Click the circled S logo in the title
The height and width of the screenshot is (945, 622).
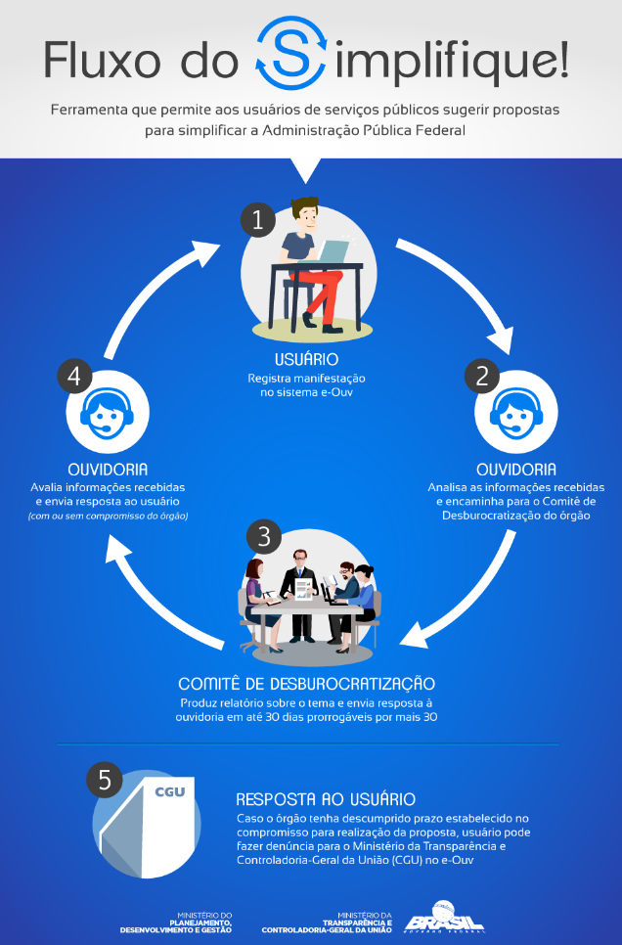pyautogui.click(x=291, y=53)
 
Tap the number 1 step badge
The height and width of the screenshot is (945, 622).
pyautogui.click(x=258, y=220)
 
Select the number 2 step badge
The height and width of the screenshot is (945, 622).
pyautogui.click(x=481, y=377)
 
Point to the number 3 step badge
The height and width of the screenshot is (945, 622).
pyautogui.click(x=264, y=536)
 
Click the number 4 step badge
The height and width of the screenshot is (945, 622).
pyautogui.click(x=74, y=377)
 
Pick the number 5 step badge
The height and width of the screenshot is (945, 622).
pyautogui.click(x=105, y=780)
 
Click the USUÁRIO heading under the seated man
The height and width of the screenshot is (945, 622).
pyautogui.click(x=306, y=359)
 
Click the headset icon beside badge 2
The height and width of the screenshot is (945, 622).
pyautogui.click(x=515, y=413)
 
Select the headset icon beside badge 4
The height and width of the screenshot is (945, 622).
pyautogui.click(x=108, y=413)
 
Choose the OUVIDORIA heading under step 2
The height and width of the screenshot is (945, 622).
pyautogui.click(x=516, y=470)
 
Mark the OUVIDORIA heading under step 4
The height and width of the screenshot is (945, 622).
pyautogui.click(x=108, y=470)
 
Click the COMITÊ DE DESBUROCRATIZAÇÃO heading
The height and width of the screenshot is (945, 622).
pyautogui.click(x=307, y=683)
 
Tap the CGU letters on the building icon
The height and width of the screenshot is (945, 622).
pyautogui.click(x=170, y=792)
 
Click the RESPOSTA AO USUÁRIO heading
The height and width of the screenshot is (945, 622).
pyautogui.click(x=326, y=799)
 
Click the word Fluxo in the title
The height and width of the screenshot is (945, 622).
pyautogui.click(x=103, y=61)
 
